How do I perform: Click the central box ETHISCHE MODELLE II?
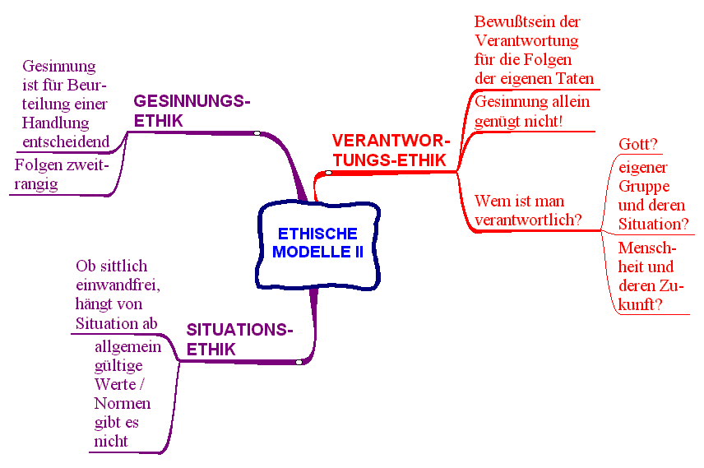[317, 243]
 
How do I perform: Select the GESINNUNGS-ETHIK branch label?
[191, 110]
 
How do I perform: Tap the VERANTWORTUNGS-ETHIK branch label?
[391, 150]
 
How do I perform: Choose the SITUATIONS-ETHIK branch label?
[239, 339]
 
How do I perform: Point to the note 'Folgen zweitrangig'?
[62, 175]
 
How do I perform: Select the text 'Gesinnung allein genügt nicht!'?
[532, 112]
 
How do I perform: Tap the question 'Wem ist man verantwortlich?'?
[528, 211]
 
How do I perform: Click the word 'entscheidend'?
[66, 142]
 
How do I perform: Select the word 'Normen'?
[123, 404]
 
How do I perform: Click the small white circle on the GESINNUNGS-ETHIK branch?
[257, 132]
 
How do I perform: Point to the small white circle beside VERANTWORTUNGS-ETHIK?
[328, 173]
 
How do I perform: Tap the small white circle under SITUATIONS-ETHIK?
[299, 361]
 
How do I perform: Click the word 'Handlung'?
[55, 123]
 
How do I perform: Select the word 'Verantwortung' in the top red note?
[527, 40]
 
